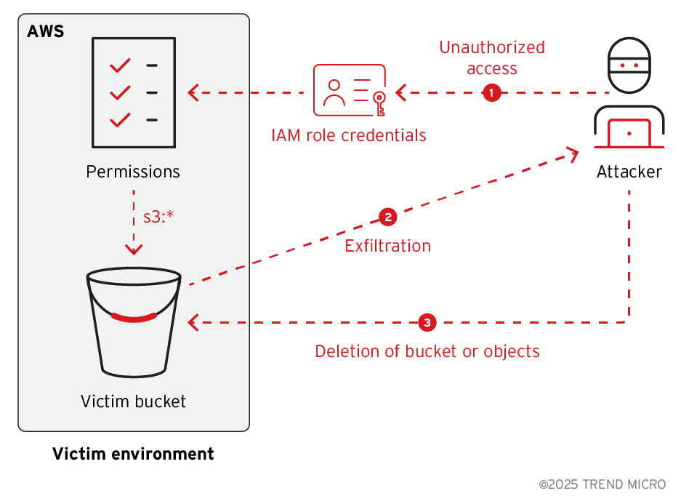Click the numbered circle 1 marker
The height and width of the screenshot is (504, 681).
tap(492, 92)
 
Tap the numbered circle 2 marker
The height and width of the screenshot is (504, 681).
tap(387, 217)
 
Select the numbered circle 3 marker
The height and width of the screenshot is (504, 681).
tap(427, 321)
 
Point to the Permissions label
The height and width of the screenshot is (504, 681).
tap(133, 172)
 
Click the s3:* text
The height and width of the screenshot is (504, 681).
tap(158, 216)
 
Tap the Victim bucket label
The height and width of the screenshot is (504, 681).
tap(134, 401)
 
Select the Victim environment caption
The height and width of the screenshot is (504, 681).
tap(133, 455)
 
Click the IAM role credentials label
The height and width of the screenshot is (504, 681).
tap(349, 135)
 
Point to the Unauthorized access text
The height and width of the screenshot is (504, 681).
tap(492, 58)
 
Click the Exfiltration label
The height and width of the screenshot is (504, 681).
tap(387, 246)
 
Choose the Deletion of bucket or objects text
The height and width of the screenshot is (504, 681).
tap(427, 351)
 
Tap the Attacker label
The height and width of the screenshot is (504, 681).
tap(629, 172)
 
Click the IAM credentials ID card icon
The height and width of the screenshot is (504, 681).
tap(349, 90)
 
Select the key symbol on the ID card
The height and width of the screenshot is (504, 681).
tap(378, 101)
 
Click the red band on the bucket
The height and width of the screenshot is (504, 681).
tap(134, 317)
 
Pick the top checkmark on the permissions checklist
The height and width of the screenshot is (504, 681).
tap(120, 66)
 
